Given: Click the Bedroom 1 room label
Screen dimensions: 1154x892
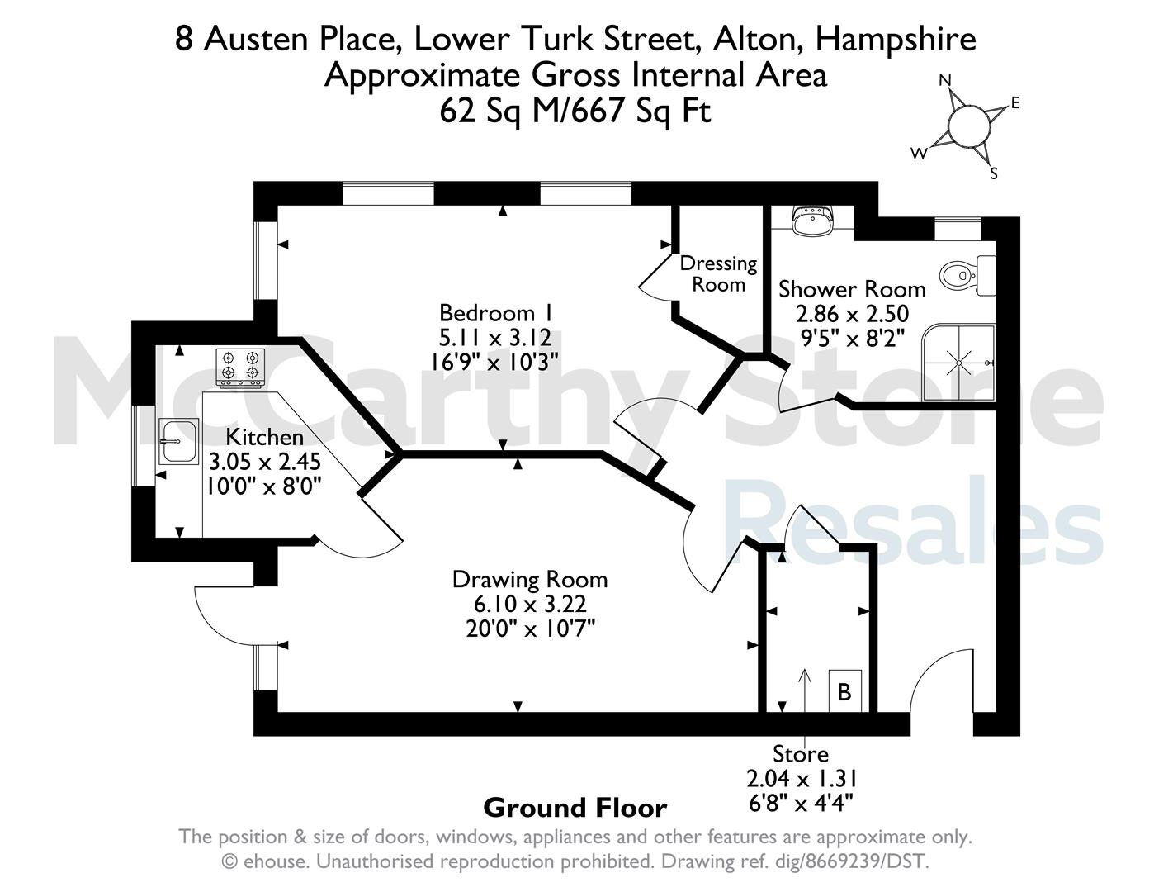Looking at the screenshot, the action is tap(495, 313).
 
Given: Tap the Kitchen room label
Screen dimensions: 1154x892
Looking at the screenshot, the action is tap(264, 437).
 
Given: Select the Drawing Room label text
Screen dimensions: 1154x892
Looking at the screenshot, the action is tap(530, 579).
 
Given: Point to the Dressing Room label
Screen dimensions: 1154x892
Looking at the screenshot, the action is tap(718, 274).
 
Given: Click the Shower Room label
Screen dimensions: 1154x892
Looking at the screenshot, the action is tap(852, 290).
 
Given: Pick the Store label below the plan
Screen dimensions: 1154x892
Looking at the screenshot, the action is tap(801, 754).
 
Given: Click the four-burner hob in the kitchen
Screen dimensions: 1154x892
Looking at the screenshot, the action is tap(240, 367).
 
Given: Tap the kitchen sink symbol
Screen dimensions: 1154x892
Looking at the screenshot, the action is tap(178, 441).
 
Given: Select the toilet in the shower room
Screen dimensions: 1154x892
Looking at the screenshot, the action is tap(967, 276).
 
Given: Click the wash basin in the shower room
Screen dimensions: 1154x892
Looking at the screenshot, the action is tap(812, 221).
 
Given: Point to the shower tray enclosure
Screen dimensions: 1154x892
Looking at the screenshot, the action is tap(958, 363).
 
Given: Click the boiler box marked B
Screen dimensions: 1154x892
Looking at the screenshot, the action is tap(844, 691).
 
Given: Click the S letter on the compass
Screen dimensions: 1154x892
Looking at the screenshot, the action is tap(994, 173).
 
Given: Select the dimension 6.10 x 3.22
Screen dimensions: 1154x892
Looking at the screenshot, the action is tap(530, 604).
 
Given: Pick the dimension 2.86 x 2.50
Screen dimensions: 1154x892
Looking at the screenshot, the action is tap(852, 314).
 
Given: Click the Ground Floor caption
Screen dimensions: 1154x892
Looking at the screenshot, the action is tap(575, 808).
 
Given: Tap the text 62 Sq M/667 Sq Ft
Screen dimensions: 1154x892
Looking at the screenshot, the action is tap(575, 111).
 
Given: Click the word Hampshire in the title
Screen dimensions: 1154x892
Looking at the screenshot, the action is tap(896, 40).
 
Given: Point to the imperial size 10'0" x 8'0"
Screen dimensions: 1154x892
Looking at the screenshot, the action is tap(264, 486).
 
